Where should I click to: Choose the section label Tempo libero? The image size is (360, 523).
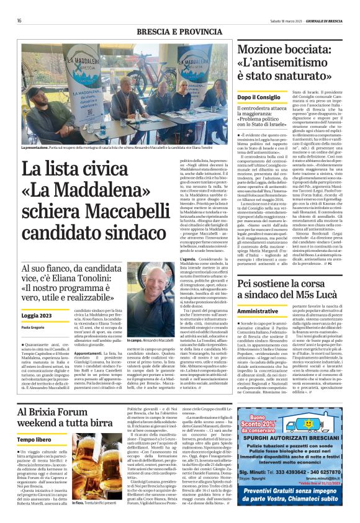pos(35,439)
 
